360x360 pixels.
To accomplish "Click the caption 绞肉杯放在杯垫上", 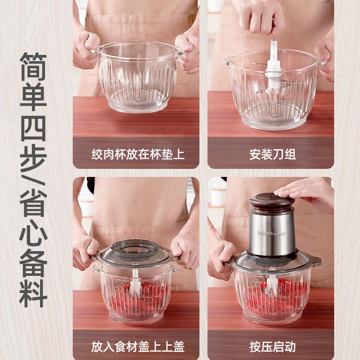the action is [x=138, y=154].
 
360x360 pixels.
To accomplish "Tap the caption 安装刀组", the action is [x=272, y=154].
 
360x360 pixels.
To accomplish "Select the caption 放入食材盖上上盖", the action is [x=138, y=346].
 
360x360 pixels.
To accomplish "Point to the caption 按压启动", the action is [x=272, y=346].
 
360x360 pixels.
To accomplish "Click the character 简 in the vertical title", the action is [x=33, y=67].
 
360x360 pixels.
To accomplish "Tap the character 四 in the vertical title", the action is [x=33, y=129].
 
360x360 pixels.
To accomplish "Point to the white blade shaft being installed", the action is [x=273, y=67].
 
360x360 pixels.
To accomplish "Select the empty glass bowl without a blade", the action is [x=138, y=77].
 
